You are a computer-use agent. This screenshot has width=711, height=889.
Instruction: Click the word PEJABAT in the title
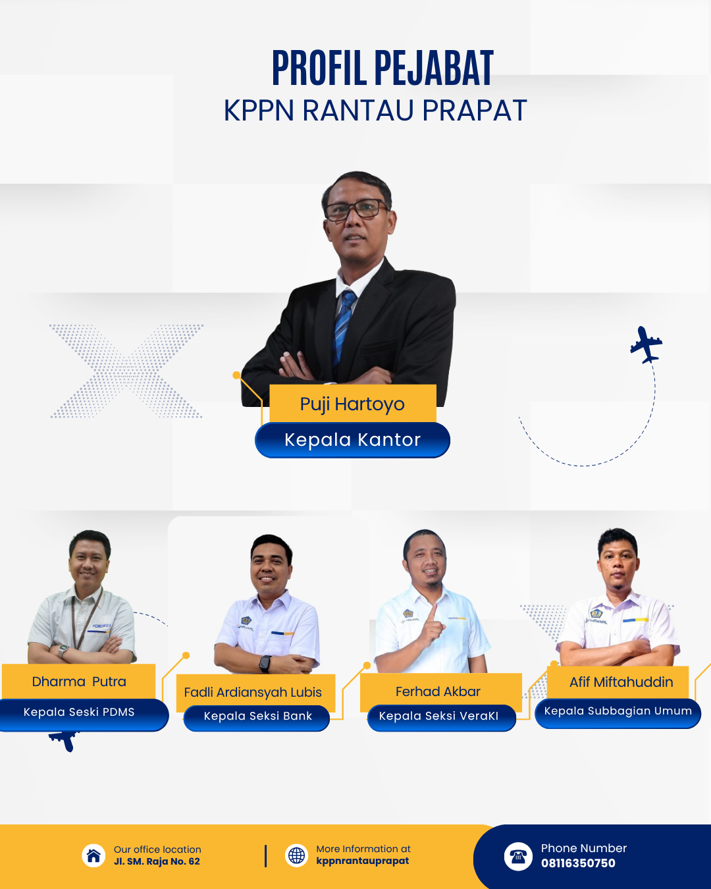pyautogui.click(x=434, y=68)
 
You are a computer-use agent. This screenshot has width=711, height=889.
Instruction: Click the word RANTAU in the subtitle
pyautogui.click(x=357, y=110)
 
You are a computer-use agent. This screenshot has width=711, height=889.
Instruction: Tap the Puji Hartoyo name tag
pyautogui.click(x=352, y=404)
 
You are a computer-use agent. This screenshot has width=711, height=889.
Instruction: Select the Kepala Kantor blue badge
pyautogui.click(x=352, y=440)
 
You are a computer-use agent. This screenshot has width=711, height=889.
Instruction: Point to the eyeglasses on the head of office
pyautogui.click(x=357, y=209)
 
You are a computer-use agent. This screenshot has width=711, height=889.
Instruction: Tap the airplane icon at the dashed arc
pyautogui.click(x=646, y=344)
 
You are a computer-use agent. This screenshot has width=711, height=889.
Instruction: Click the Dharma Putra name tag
pyautogui.click(x=78, y=681)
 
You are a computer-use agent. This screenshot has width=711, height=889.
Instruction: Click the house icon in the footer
pyautogui.click(x=93, y=855)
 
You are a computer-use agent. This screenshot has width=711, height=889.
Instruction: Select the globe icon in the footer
pyautogui.click(x=296, y=855)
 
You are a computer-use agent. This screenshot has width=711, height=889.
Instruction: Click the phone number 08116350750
pyautogui.click(x=578, y=863)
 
